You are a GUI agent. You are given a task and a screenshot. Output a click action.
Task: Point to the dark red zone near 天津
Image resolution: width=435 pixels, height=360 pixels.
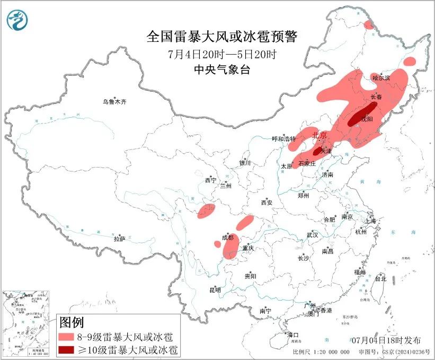[318, 151]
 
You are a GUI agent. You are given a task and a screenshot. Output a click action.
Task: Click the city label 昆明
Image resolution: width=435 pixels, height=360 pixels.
[215, 290]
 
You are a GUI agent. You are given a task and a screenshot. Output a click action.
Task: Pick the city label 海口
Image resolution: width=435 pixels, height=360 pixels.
[293, 335]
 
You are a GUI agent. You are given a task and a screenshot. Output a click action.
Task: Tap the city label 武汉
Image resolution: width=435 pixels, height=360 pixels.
[312, 235]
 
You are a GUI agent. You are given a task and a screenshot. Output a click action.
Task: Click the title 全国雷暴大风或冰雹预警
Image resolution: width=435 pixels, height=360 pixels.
[223, 37]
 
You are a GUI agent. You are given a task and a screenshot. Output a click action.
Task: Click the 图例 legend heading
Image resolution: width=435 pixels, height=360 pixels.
[72, 322]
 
